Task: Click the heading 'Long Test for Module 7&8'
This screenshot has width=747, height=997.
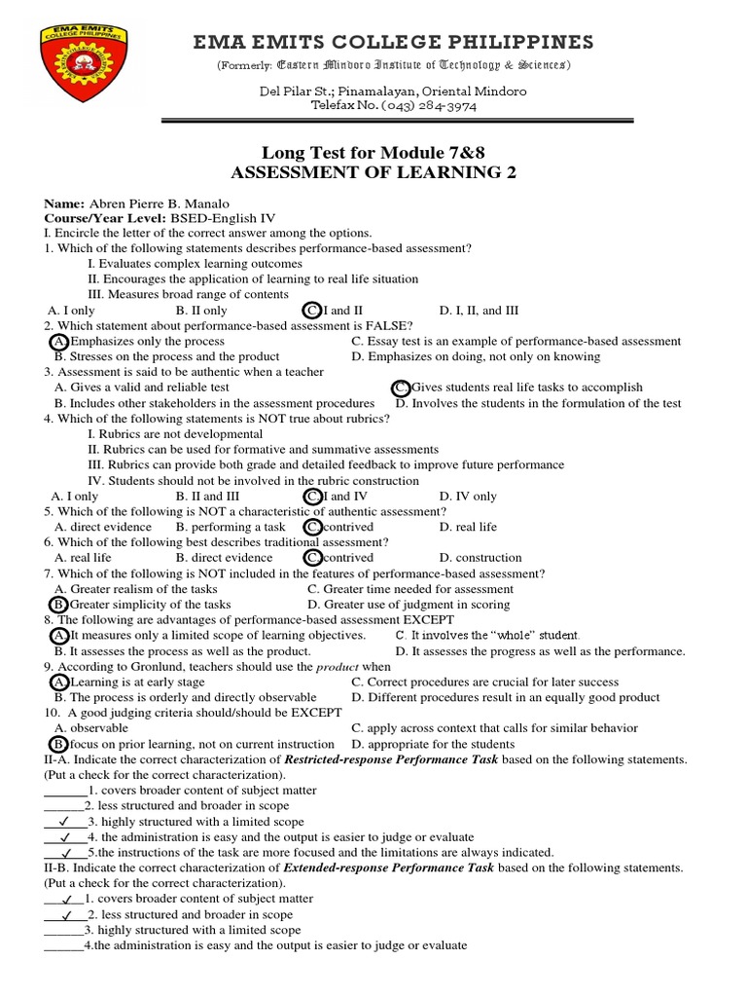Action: pyautogui.click(x=373, y=153)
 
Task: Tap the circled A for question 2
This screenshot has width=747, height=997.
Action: pyautogui.click(x=59, y=342)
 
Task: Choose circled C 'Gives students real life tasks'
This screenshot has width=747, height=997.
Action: pyautogui.click(x=400, y=388)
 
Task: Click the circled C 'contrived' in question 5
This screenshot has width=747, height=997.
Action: pyautogui.click(x=312, y=527)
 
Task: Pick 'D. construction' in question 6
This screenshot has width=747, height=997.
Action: pyautogui.click(x=480, y=558)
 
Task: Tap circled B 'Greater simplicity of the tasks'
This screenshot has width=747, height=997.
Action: pyautogui.click(x=59, y=605)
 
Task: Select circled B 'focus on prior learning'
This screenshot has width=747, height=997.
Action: pyautogui.click(x=59, y=744)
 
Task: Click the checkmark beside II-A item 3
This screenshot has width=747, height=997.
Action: pyautogui.click(x=64, y=822)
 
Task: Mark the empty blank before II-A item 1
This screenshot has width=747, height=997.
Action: pyautogui.click(x=65, y=791)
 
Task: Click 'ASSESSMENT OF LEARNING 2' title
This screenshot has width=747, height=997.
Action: pyautogui.click(x=373, y=173)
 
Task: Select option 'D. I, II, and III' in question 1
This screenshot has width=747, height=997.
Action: pyautogui.click(x=479, y=311)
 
